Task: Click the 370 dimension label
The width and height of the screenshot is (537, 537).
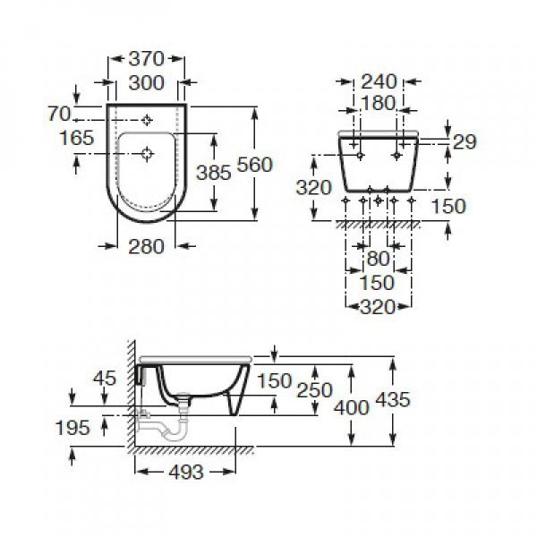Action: pos(146,59)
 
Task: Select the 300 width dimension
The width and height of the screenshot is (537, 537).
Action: pos(146,83)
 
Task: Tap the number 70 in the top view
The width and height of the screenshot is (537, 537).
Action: pos(59,114)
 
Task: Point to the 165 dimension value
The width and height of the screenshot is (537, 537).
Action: pos(76,138)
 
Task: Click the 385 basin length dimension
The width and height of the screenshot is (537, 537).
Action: pos(214,172)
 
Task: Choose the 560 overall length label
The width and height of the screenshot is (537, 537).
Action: pos(254,165)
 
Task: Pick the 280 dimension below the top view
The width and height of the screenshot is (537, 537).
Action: pos(146,247)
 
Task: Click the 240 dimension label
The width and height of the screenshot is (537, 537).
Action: pos(379,81)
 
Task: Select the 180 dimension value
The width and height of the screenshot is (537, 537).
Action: pos(378,103)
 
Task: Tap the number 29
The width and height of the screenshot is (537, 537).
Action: pos(465,141)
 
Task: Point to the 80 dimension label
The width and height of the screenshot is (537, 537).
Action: pos(378,259)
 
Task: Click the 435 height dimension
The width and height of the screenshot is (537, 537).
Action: pos(393,399)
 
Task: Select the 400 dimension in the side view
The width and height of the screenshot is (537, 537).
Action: pos(352,407)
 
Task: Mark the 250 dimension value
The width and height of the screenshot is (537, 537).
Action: pos(314,390)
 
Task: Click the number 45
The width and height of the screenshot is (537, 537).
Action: pos(105,379)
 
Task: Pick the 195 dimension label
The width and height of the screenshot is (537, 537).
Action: pos(72,428)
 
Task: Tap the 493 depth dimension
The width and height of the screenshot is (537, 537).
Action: pos(186,473)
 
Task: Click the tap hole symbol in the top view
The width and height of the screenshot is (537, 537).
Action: pos(147,120)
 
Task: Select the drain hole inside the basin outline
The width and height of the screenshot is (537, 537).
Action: pos(148,154)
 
